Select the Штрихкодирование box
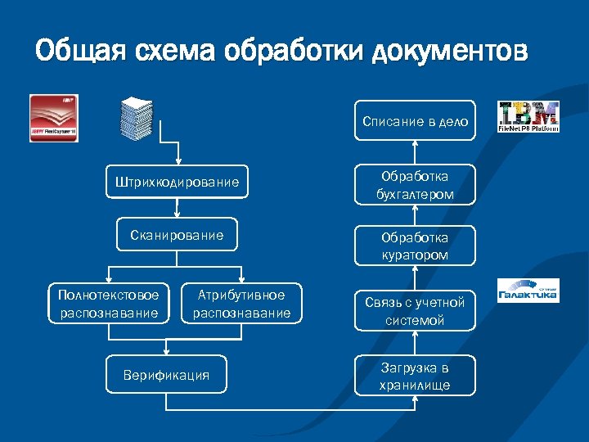pyautogui.click(x=178, y=182)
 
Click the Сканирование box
pyautogui.click(x=177, y=235)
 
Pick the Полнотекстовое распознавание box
pyautogui.click(x=109, y=304)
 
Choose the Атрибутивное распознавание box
pyautogui.click(x=242, y=304)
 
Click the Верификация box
pyautogui.click(x=166, y=375)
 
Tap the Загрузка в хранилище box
pyautogui.click(x=415, y=376)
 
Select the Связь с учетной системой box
pyautogui.click(x=415, y=311)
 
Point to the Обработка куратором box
pyautogui.click(x=415, y=246)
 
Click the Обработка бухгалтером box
pyautogui.click(x=415, y=185)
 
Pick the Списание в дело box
pyautogui.click(x=415, y=121)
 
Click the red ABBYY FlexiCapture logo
pyautogui.click(x=54, y=119)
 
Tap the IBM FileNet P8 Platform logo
pyautogui.click(x=528, y=117)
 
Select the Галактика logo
pyautogui.click(x=528, y=291)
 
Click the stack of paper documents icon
pyautogui.click(x=137, y=120)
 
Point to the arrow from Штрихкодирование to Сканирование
pyautogui.click(x=177, y=208)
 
